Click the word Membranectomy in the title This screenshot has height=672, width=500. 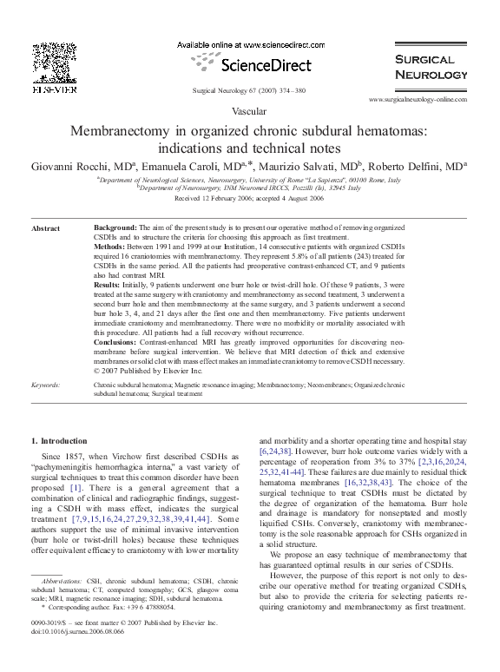pos(123,131)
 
